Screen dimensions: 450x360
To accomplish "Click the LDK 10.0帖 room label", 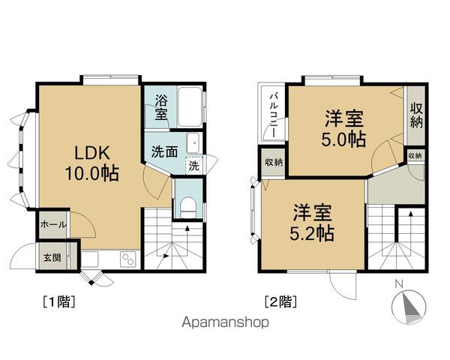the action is coord(91,163).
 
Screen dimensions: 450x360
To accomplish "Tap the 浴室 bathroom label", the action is coord(161,107).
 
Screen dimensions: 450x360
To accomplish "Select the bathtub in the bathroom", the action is coord(190,106).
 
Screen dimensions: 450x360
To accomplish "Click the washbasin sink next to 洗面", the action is coord(193,143).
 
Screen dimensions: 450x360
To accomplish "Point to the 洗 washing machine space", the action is coord(194,166).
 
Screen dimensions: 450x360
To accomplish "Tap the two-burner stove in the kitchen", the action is coord(128,259).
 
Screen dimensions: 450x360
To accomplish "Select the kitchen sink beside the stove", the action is coord(90,259).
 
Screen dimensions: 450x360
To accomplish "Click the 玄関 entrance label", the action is coord(52,257).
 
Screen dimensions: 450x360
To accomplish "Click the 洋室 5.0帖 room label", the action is coord(343,128).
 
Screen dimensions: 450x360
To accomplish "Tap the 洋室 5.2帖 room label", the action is coord(312,222).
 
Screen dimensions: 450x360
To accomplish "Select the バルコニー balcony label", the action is coord(274,115).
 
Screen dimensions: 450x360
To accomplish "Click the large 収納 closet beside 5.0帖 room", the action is coord(416,115).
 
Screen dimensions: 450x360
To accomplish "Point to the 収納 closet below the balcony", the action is coord(274,162).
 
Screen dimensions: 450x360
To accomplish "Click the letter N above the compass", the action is coord(399,284).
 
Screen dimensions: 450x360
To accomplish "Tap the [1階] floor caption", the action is coord(58,301).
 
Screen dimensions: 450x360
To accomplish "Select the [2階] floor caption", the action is coord(280,301).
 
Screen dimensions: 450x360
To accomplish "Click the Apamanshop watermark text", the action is coord(226,322).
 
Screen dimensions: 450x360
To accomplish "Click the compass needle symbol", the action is coord(409,307).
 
